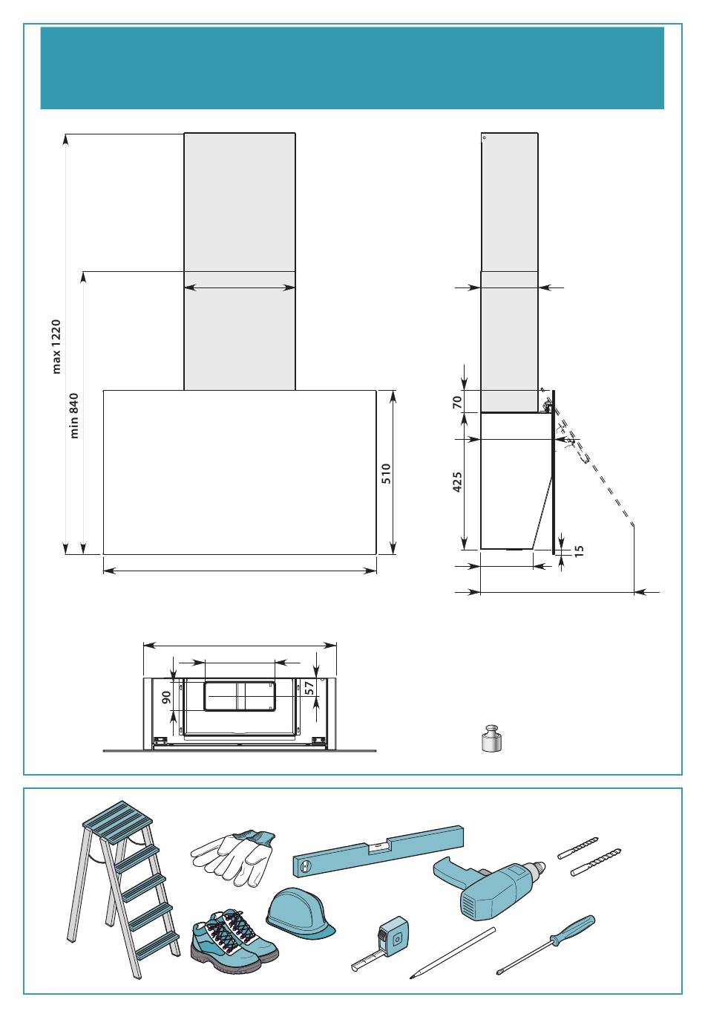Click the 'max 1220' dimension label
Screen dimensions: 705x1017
tap(56, 346)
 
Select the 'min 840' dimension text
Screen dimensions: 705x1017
tap(74, 415)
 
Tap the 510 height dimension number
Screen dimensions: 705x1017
tap(386, 473)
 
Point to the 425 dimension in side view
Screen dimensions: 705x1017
tap(457, 481)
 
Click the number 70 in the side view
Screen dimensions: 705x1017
tap(457, 402)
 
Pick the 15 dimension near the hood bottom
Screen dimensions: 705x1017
tap(579, 550)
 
